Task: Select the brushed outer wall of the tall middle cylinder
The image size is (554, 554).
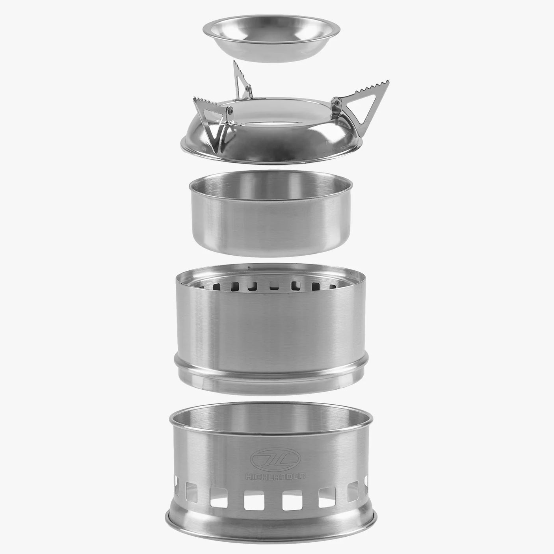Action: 272,327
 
